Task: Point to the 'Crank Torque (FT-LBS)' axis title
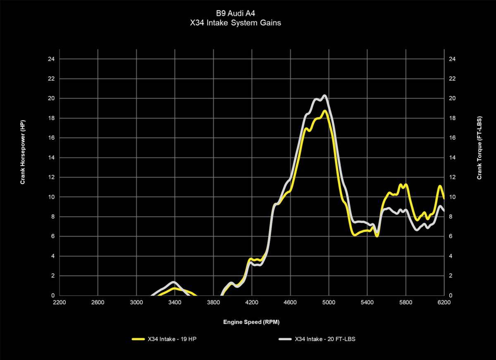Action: pos(479,148)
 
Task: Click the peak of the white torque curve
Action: pos(324,96)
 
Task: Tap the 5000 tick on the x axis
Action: pos(329,303)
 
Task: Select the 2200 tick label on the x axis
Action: pos(60,303)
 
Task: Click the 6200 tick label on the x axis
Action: pos(444,303)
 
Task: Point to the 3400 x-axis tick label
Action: pos(175,303)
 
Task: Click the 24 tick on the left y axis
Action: pos(51,59)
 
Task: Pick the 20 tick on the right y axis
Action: pos(452,98)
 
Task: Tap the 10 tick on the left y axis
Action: pos(51,197)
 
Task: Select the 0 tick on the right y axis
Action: pos(451,296)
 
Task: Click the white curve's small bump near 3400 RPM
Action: pos(173,282)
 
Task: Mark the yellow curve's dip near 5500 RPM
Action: pos(377,236)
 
